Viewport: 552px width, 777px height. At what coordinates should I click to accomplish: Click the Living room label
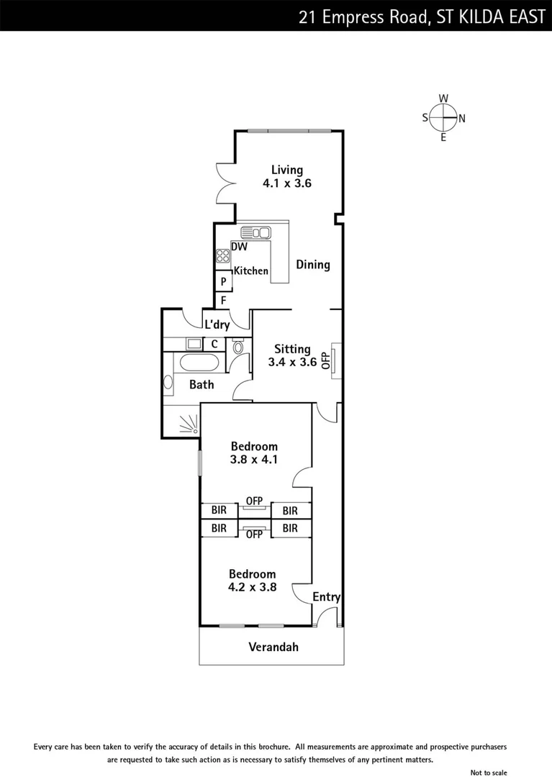point(286,170)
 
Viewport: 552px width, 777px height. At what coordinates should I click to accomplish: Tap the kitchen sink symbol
point(255,232)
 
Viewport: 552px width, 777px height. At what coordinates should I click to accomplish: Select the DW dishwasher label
point(240,247)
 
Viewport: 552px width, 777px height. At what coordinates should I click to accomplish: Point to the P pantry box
point(224,281)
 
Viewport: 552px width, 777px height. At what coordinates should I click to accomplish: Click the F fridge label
point(224,299)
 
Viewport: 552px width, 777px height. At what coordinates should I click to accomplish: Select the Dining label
point(313,265)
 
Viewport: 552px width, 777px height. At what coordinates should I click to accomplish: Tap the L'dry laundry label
point(217,325)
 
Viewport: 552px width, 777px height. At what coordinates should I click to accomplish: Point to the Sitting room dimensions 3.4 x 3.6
point(292,363)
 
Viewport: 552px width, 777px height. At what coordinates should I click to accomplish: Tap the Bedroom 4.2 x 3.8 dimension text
point(253,587)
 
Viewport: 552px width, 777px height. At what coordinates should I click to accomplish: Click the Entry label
point(326,597)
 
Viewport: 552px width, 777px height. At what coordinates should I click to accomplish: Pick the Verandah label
point(273,647)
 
